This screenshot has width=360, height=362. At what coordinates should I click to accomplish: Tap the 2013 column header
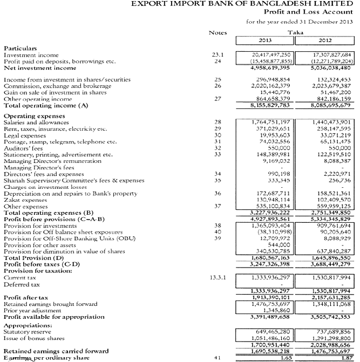pos(267,42)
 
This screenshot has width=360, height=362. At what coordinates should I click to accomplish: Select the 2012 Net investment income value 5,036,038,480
pos(329,68)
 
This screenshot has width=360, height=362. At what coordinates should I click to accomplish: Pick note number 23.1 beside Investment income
pos(218,54)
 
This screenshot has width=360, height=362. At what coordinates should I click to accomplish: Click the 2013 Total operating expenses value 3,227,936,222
pos(272,213)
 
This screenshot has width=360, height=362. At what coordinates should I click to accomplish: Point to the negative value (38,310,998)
pos(275,231)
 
